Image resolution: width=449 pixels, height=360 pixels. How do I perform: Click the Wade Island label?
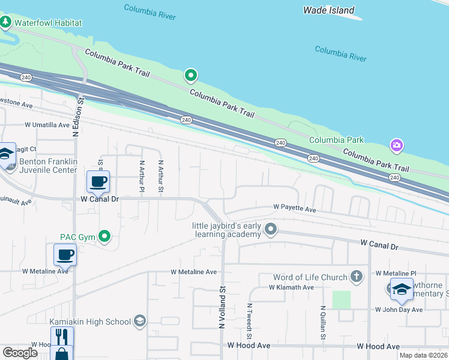click(328, 10)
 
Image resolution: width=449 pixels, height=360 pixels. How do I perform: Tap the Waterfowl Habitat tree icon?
click(6, 23)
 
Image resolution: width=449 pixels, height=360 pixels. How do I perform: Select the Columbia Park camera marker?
click(396, 145)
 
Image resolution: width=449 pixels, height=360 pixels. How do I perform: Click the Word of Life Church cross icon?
click(357, 277)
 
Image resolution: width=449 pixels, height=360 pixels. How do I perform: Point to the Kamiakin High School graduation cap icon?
click(140, 322)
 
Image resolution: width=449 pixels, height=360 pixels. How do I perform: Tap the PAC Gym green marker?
click(105, 236)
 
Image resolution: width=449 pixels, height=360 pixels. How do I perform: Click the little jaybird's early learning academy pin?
click(271, 229)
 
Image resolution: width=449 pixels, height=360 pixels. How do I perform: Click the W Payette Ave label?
click(294, 208)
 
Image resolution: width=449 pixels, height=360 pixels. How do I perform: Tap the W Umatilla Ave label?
click(47, 125)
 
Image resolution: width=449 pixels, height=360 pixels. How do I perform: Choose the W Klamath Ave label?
click(291, 287)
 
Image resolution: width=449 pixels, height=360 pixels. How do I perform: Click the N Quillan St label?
click(322, 323)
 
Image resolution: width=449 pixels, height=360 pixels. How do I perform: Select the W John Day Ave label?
click(399, 310)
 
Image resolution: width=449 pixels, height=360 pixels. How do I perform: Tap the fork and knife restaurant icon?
click(62, 336)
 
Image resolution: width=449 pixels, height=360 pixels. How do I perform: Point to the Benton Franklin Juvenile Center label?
click(49, 166)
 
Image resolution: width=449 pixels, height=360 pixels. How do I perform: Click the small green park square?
click(341, 299)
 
